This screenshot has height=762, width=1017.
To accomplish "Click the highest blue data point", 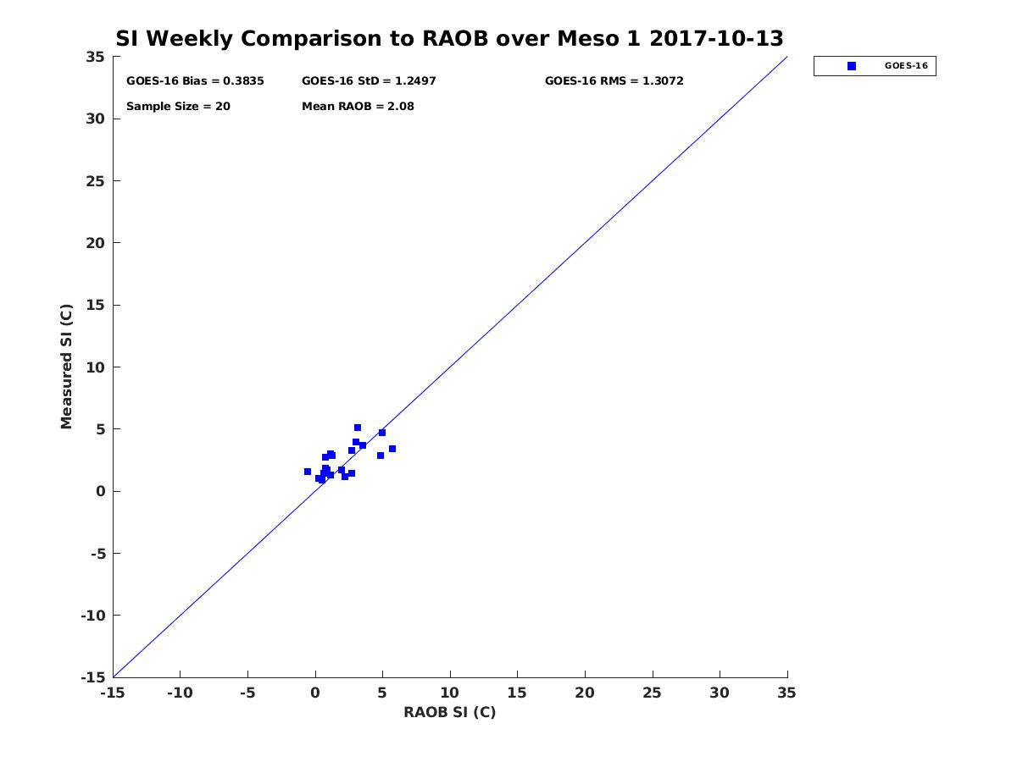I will click(x=358, y=428).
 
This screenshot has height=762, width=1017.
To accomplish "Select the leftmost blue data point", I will click(x=308, y=472).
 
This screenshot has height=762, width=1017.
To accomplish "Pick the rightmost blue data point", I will click(x=392, y=449).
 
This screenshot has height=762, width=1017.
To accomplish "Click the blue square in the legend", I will click(x=852, y=66).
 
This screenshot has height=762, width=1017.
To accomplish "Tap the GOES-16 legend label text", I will click(x=904, y=66).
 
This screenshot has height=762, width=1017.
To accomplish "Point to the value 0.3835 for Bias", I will click(x=243, y=81).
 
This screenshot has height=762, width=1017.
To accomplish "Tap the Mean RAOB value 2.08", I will click(x=400, y=107).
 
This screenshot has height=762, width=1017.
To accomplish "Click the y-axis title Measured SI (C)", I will click(x=66, y=367).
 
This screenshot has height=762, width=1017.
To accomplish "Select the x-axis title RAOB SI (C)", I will click(x=449, y=712).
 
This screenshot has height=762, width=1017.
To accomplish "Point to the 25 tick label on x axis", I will click(x=653, y=693).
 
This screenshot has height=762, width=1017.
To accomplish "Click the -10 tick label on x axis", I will click(x=179, y=693).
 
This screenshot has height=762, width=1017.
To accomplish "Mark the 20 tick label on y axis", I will click(x=95, y=243).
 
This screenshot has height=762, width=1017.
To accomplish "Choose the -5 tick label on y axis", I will click(x=97, y=554).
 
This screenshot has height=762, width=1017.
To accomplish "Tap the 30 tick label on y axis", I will click(x=95, y=119).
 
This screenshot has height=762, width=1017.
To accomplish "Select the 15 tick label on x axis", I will click(x=517, y=693).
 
